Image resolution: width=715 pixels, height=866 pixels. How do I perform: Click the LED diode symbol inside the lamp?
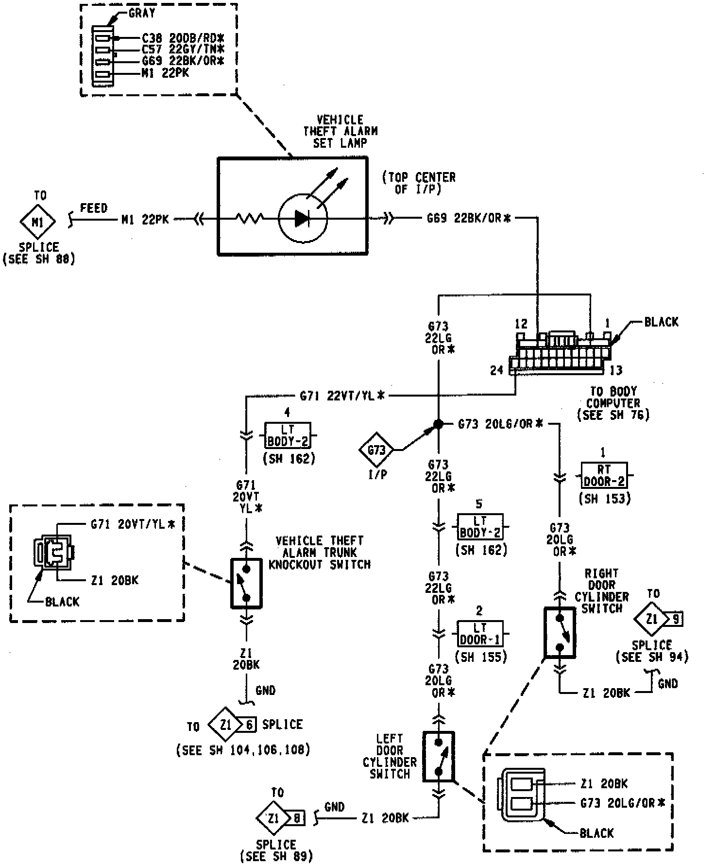[x=303, y=219]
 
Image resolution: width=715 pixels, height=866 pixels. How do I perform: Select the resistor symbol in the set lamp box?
[x=250, y=219]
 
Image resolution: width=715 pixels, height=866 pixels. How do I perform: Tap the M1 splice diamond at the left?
[x=37, y=222]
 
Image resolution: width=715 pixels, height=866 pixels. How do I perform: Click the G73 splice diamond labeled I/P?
[x=376, y=450]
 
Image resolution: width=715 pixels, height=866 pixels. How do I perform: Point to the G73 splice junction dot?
[x=438, y=424]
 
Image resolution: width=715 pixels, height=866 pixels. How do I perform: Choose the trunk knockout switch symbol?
[x=246, y=583]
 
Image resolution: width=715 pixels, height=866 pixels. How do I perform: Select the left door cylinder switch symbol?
[x=438, y=757]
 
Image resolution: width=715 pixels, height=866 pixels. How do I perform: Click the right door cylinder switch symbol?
[x=560, y=632]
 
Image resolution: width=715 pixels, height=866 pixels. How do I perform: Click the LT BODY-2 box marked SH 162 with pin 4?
[x=288, y=435]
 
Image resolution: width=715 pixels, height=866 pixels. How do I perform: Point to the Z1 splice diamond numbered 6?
[x=225, y=725]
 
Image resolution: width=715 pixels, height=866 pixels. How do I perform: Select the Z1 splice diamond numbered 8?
[x=273, y=819]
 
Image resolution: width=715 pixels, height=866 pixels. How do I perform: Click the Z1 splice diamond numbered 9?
[x=652, y=619]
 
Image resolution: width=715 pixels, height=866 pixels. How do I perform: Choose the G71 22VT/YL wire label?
[x=342, y=396]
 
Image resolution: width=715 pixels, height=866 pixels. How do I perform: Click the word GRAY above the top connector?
[x=142, y=13]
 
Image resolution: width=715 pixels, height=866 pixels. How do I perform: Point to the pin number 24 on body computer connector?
[x=496, y=370]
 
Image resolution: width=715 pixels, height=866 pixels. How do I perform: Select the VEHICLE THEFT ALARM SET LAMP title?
[x=340, y=131]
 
